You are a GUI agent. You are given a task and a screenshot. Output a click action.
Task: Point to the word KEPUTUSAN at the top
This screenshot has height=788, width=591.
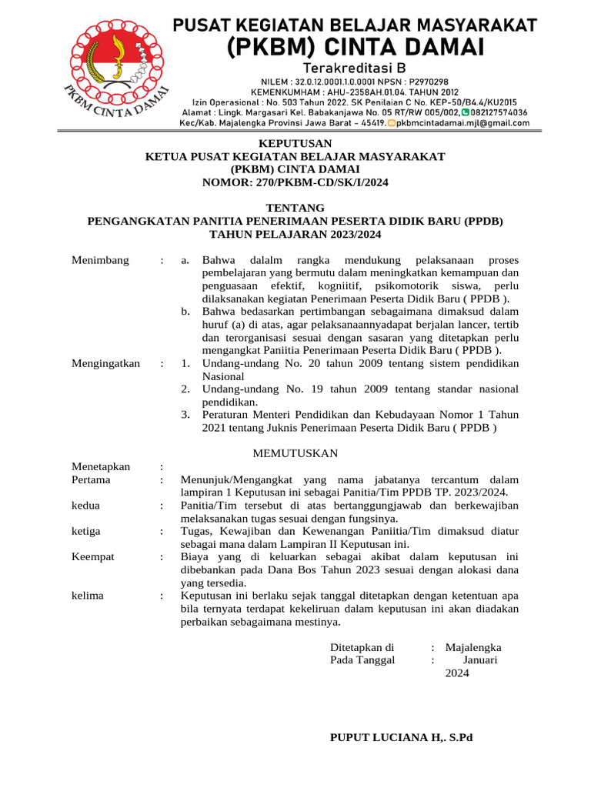click(x=295, y=143)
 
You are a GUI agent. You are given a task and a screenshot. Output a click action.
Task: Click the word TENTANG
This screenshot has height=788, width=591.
click(x=295, y=208)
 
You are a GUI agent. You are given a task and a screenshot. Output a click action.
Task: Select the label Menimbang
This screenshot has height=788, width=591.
click(x=101, y=260)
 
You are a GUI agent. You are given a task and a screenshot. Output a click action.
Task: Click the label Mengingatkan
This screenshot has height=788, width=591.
click(x=106, y=363)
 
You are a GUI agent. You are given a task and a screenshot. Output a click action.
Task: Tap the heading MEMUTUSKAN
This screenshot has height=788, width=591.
click(x=295, y=452)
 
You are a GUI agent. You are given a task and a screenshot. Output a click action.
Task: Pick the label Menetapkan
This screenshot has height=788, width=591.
click(x=101, y=466)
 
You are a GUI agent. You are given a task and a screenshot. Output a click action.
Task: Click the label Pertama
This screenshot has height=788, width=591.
click(x=91, y=479)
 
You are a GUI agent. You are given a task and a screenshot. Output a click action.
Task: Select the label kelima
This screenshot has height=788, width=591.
click(x=88, y=596)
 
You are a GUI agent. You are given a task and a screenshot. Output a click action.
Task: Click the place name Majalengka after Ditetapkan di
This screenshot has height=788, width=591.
click(x=473, y=647)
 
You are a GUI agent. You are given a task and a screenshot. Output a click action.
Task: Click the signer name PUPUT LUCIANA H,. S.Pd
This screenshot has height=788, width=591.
click(x=401, y=737)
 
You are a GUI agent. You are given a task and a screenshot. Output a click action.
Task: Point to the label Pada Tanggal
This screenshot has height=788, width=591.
click(x=362, y=660)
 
